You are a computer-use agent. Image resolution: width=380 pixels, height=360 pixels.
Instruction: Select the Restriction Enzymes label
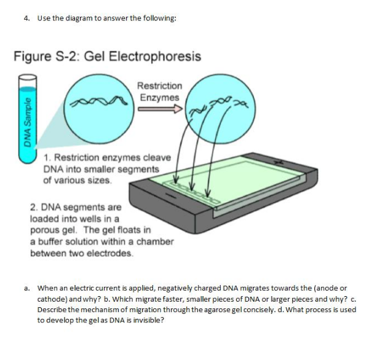[159, 92]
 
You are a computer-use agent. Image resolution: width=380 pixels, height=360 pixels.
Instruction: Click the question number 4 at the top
[26, 18]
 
